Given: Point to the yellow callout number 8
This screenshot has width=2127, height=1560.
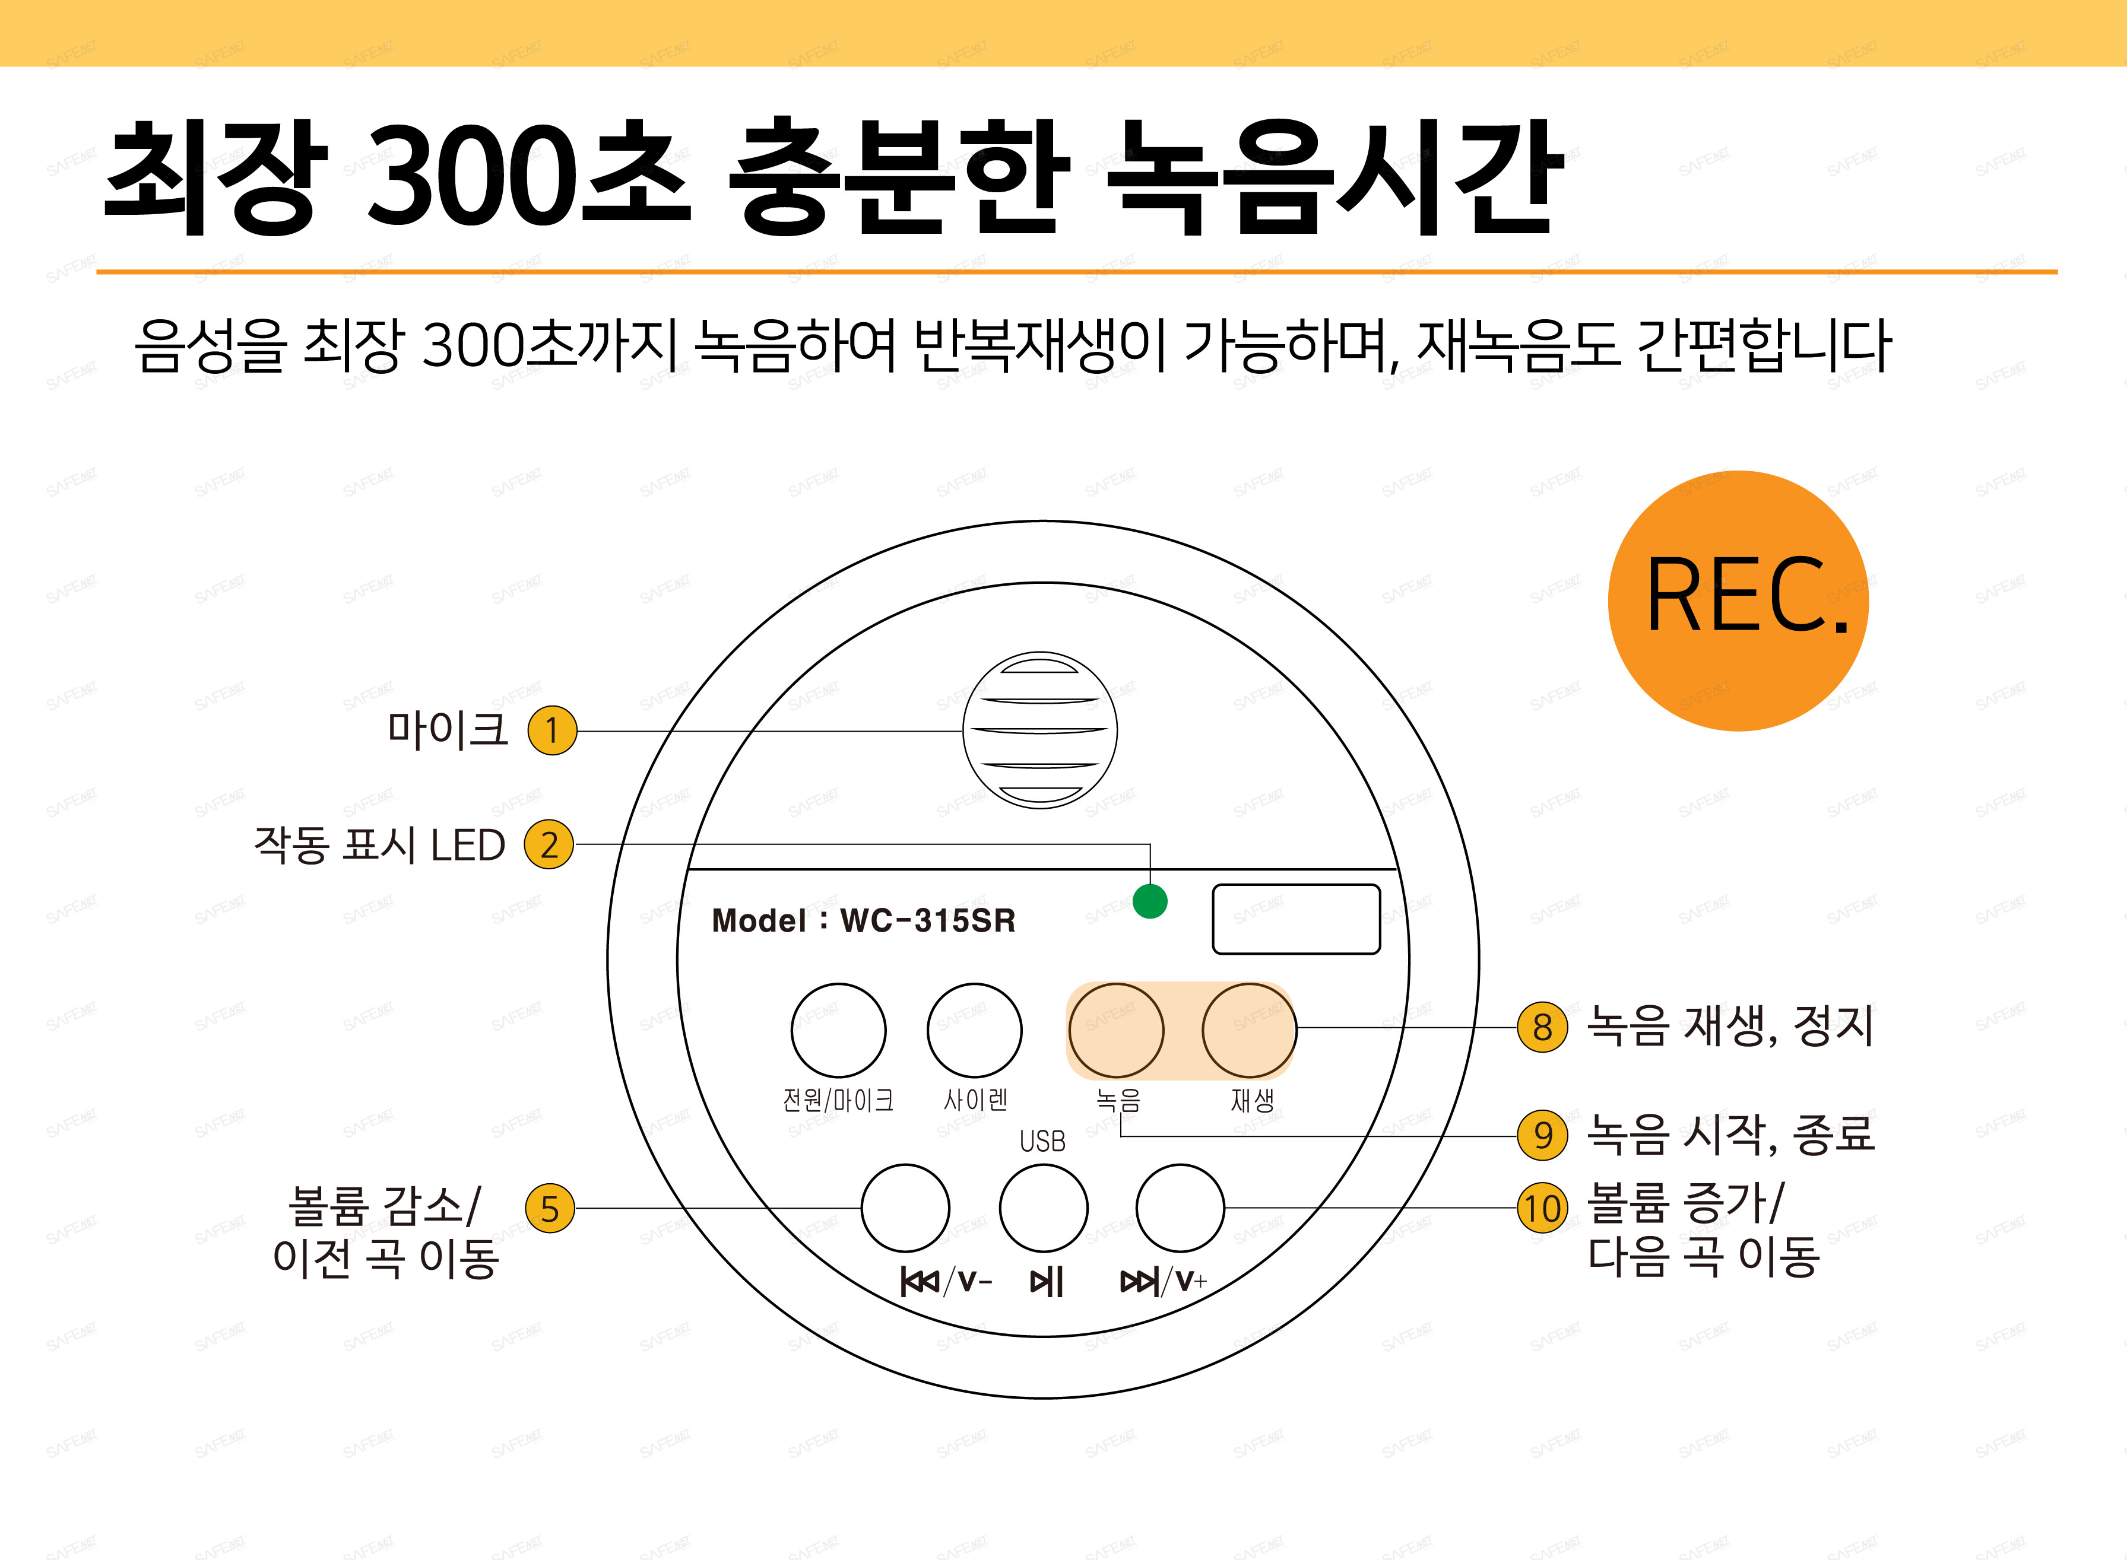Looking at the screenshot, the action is [1542, 1027].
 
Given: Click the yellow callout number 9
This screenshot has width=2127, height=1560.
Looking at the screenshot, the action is [1542, 1135].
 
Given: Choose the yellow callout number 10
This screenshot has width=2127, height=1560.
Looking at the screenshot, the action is [1542, 1208].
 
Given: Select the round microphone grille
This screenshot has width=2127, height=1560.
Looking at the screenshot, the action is [1040, 730].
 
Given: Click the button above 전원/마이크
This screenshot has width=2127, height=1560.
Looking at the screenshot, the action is [838, 1030].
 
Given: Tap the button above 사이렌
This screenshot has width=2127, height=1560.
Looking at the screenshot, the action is [974, 1030].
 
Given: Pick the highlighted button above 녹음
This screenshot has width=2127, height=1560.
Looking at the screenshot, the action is [1117, 1030].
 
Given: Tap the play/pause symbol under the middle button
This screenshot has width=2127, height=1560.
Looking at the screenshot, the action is [1047, 1282].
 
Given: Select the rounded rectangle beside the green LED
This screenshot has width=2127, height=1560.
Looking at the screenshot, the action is [1296, 919].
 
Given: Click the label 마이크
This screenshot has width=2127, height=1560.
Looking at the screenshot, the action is [448, 730].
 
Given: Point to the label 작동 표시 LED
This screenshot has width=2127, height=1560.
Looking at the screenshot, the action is [380, 844].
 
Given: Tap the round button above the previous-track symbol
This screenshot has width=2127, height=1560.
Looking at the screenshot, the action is [905, 1208].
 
